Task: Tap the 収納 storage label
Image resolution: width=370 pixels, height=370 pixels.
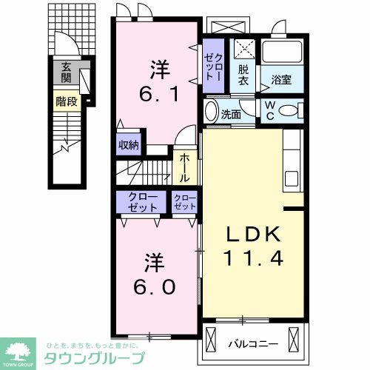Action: coord(129,144)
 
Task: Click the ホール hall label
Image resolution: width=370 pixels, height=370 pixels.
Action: coord(184,168)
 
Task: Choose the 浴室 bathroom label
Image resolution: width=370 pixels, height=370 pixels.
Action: coord(282,80)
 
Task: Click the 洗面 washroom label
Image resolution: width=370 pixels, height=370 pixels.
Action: coord(232,114)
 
